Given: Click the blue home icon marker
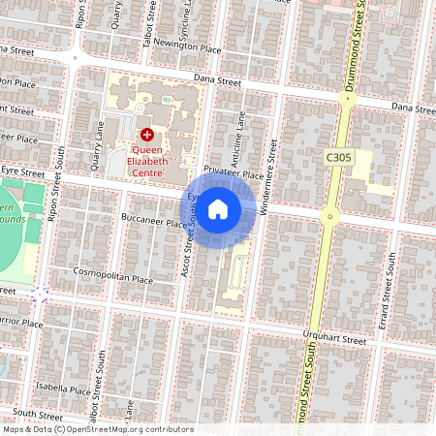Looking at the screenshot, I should click(218, 209).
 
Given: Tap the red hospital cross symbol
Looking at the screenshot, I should click(147, 136).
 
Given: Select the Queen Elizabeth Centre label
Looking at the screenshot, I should click(146, 156).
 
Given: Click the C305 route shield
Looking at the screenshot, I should click(337, 156).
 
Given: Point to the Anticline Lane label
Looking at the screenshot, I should click(242, 140).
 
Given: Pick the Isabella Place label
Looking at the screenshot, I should click(65, 391).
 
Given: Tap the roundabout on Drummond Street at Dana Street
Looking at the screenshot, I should click(349, 99).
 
